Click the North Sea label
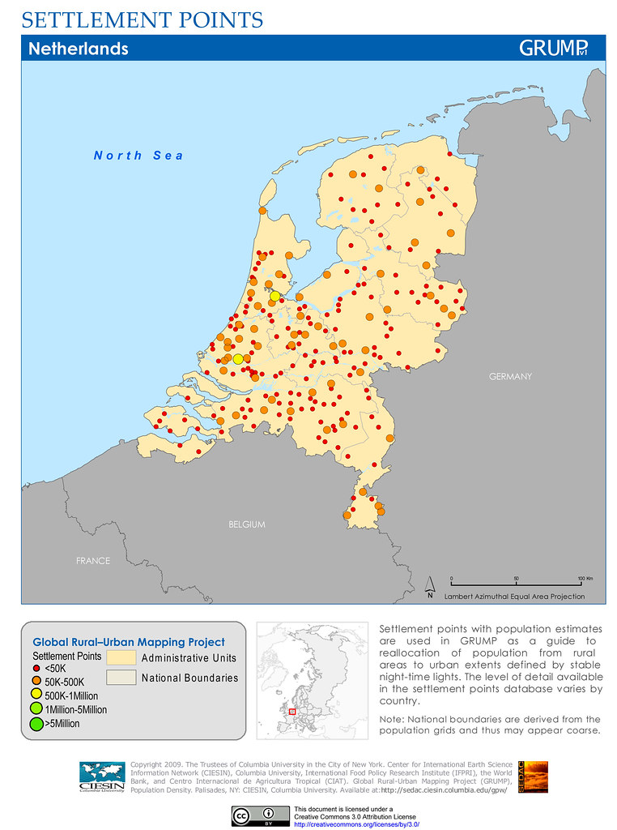coord(138,156)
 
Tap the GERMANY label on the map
coord(510,377)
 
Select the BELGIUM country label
coord(246,524)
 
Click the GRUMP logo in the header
coord(553,48)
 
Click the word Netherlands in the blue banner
coord(79,49)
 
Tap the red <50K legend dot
coord(36,669)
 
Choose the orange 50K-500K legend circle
coord(36,682)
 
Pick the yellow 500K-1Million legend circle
coord(36,695)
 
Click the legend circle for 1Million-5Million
coord(36,709)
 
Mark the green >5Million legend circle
coord(36,723)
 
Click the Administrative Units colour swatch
coord(120,657)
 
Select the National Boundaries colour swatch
coord(120,678)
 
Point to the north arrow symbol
coord(431,586)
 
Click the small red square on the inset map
coord(293,712)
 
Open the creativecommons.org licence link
coord(356,824)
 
